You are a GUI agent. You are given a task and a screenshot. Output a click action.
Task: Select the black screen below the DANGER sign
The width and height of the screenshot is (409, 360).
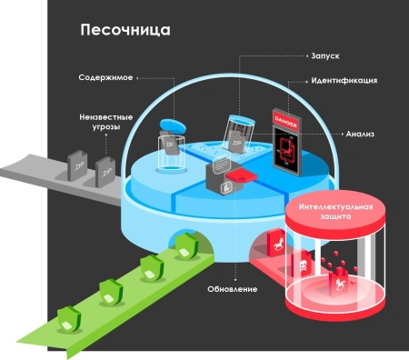[288, 149]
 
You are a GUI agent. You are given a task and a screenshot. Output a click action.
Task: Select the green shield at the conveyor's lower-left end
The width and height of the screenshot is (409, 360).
[66, 319]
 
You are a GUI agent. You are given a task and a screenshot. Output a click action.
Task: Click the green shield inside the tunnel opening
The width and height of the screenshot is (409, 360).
[188, 245]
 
